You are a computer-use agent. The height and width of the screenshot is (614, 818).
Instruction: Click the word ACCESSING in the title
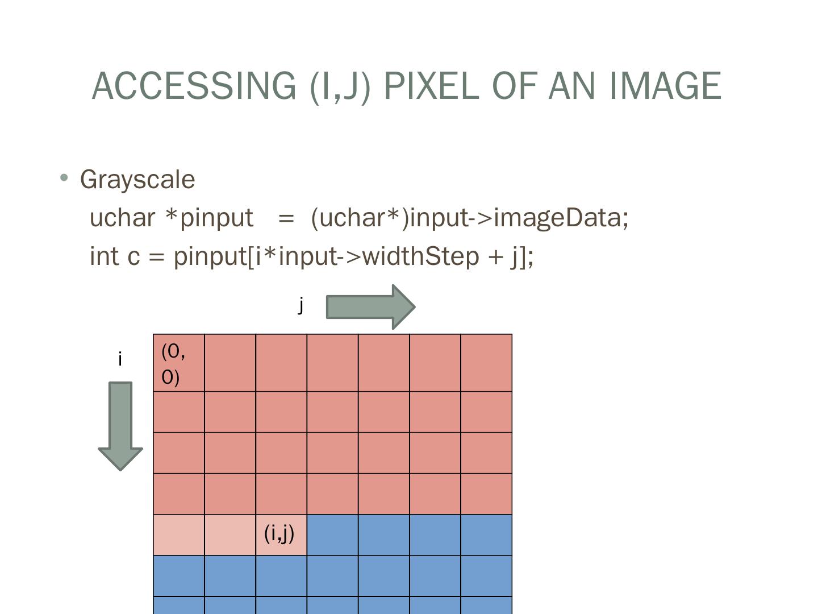point(194,86)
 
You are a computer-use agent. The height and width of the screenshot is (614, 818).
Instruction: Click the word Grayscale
point(137,180)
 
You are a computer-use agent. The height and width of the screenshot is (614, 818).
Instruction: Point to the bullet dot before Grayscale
point(64,179)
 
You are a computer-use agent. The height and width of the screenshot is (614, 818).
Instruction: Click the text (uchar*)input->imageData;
point(470,218)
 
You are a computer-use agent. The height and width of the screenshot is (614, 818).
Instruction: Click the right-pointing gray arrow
point(370,307)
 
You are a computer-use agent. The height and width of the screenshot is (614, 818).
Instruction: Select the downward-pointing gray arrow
point(120,425)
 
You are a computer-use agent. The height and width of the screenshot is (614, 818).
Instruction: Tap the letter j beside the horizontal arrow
point(301,305)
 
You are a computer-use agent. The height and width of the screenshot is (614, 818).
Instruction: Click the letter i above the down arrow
point(120,359)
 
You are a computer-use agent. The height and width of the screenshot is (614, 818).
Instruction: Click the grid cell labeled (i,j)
point(281,534)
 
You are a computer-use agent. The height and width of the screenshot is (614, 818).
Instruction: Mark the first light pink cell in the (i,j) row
point(179,534)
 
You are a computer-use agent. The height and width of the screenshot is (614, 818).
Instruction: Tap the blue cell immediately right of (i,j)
point(332,534)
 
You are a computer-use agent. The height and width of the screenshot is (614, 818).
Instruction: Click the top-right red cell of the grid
point(486,363)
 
